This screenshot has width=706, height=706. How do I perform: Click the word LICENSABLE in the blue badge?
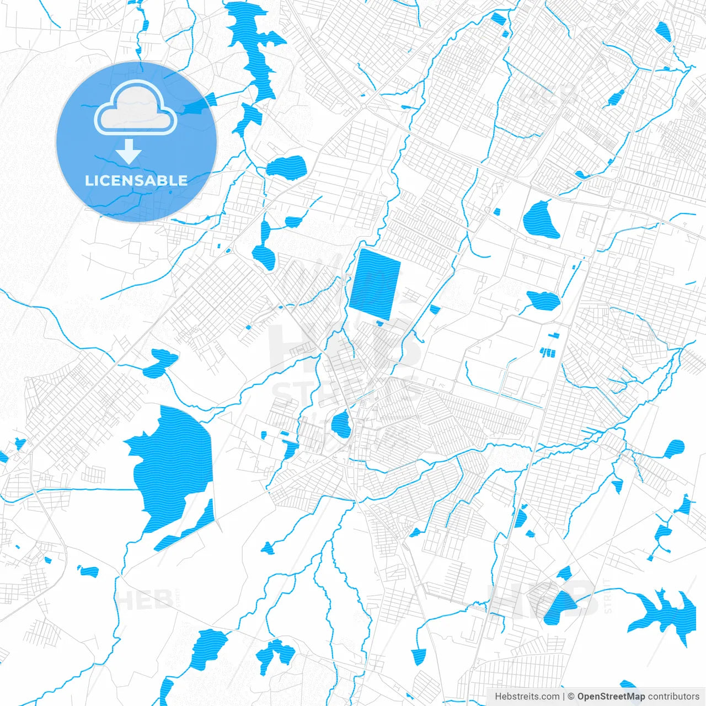136,180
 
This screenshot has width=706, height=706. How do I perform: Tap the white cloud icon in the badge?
136,109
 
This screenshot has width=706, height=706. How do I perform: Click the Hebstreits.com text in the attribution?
527,697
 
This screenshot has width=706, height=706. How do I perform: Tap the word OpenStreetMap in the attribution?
611,697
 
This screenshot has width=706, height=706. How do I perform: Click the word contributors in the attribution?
673,697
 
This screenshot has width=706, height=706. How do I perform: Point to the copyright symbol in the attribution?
571,697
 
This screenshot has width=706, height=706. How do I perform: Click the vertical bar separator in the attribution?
564,697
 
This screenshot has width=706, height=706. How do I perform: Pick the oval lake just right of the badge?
286,167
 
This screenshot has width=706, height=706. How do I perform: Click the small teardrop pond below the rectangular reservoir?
341,425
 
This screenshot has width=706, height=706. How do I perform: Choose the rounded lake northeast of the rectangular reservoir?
540,220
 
